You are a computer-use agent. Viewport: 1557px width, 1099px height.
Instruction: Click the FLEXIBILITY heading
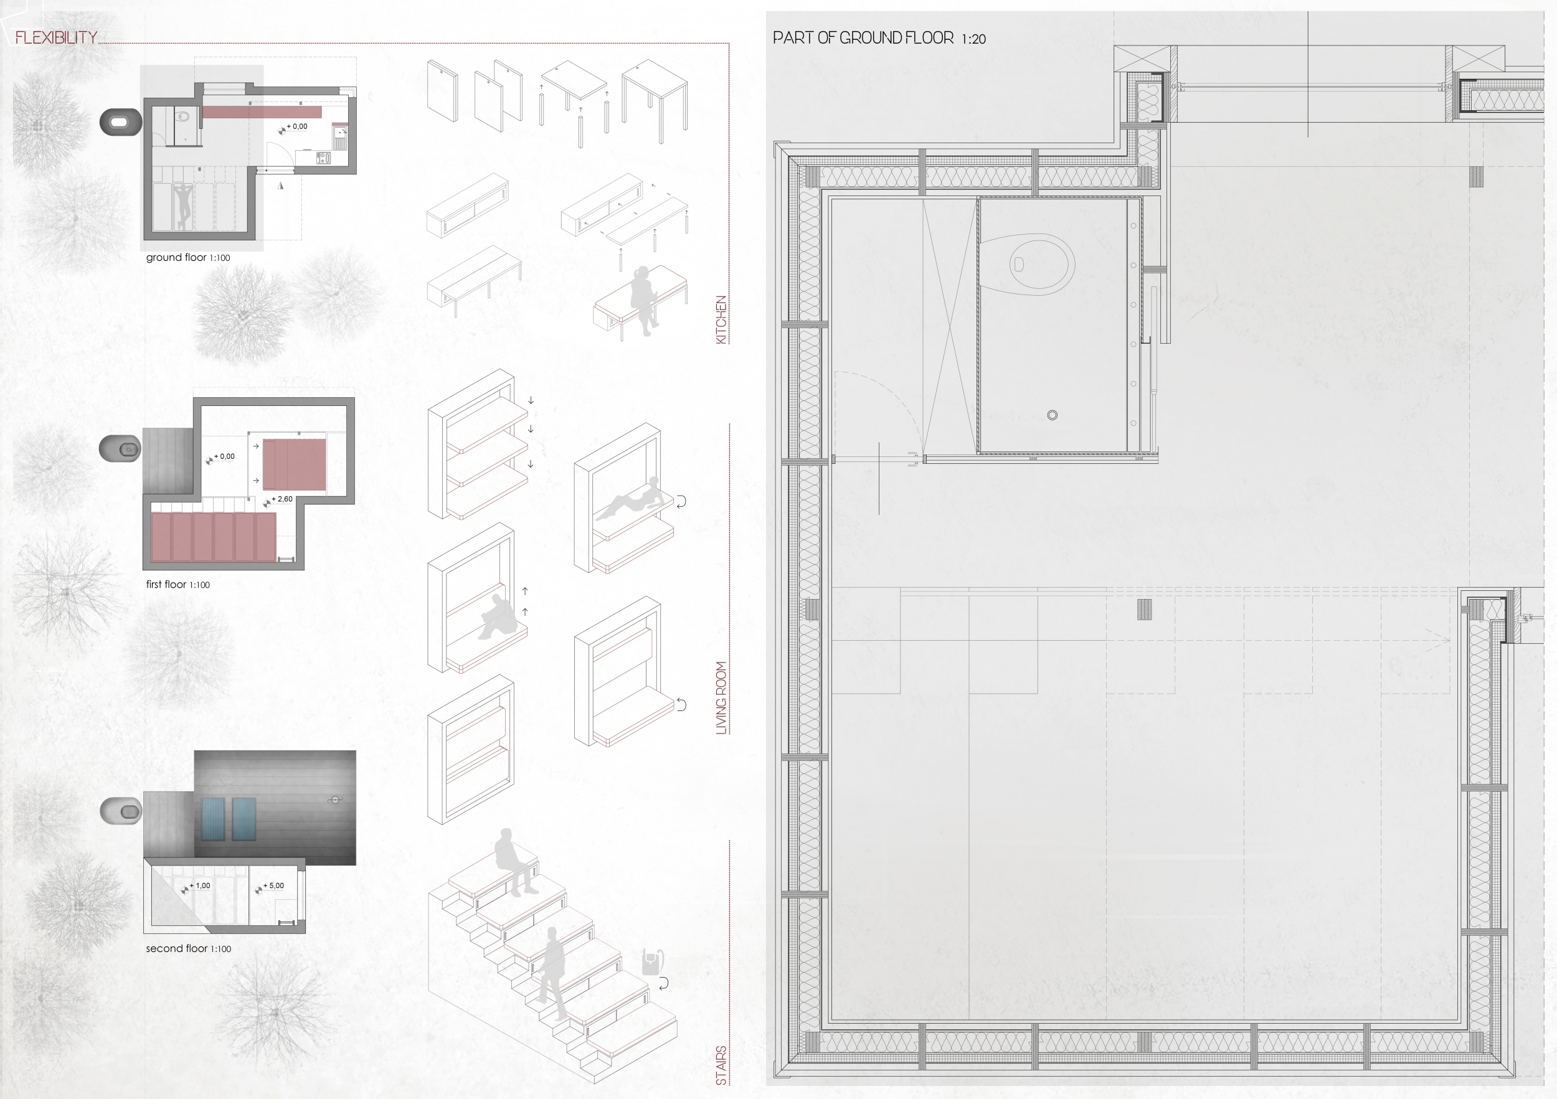56,37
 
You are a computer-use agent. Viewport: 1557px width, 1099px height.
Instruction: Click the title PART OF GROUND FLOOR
863,38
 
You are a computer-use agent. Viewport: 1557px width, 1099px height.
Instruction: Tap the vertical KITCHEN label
722,319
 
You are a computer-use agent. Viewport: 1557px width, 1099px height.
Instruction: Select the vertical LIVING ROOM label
722,697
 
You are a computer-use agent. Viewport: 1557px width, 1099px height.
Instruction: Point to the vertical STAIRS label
722,1065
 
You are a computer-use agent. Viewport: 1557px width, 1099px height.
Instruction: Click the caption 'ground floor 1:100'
188,258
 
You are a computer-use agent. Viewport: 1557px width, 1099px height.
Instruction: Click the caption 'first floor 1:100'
177,585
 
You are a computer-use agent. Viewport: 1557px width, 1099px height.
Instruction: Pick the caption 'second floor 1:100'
189,948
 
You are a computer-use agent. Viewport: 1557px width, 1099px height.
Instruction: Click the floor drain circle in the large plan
1053,415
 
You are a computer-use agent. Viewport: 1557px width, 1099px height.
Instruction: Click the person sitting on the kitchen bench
644,300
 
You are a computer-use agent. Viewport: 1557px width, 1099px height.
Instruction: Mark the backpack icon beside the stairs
651,961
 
